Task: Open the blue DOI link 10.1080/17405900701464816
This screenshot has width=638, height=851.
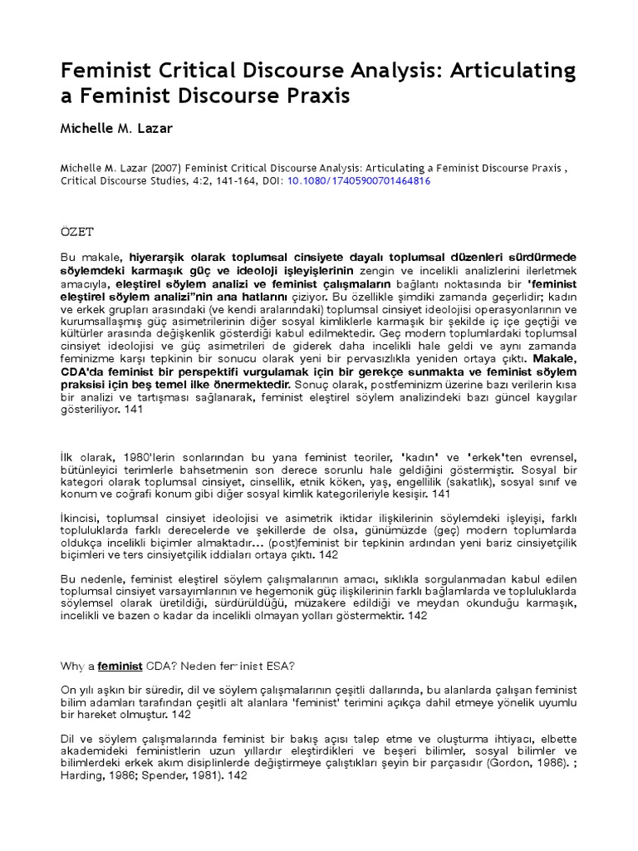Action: (358, 180)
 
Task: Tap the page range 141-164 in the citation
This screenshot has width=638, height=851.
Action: (210, 180)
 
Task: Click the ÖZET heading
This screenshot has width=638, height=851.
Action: (77, 230)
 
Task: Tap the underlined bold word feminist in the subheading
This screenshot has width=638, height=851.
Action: (120, 665)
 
